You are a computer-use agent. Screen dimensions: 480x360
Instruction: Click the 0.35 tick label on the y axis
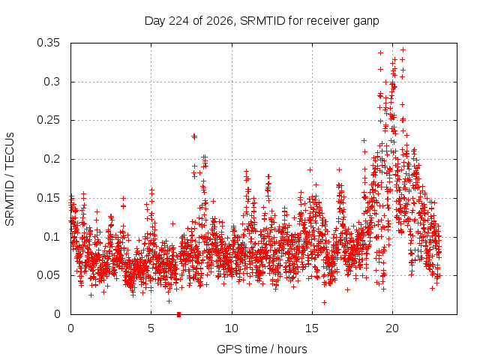(48, 43)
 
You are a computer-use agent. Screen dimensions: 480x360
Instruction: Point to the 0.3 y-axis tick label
(52, 82)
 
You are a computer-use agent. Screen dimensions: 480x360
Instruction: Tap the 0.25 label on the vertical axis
(48, 120)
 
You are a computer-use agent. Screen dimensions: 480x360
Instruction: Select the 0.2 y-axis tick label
(52, 159)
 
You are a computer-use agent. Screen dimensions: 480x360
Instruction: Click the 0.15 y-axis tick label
(48, 198)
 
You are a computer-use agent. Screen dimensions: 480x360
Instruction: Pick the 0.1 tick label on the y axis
(52, 237)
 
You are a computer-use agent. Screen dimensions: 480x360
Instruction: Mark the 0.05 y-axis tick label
(48, 275)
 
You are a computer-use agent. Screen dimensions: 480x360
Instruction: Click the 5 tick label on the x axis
(151, 328)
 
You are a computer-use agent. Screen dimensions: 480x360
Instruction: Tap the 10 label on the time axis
(232, 328)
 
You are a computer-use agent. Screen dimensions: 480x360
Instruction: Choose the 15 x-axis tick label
(312, 328)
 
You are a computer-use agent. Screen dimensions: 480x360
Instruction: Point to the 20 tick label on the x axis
(392, 328)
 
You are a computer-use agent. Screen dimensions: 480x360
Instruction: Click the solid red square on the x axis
(178, 314)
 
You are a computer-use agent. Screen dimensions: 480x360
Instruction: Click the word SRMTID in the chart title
(262, 21)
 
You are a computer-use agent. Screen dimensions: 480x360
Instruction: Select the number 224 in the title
(179, 21)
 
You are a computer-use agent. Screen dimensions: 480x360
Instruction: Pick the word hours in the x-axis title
(292, 349)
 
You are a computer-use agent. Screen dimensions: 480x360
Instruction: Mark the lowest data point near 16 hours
(324, 302)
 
